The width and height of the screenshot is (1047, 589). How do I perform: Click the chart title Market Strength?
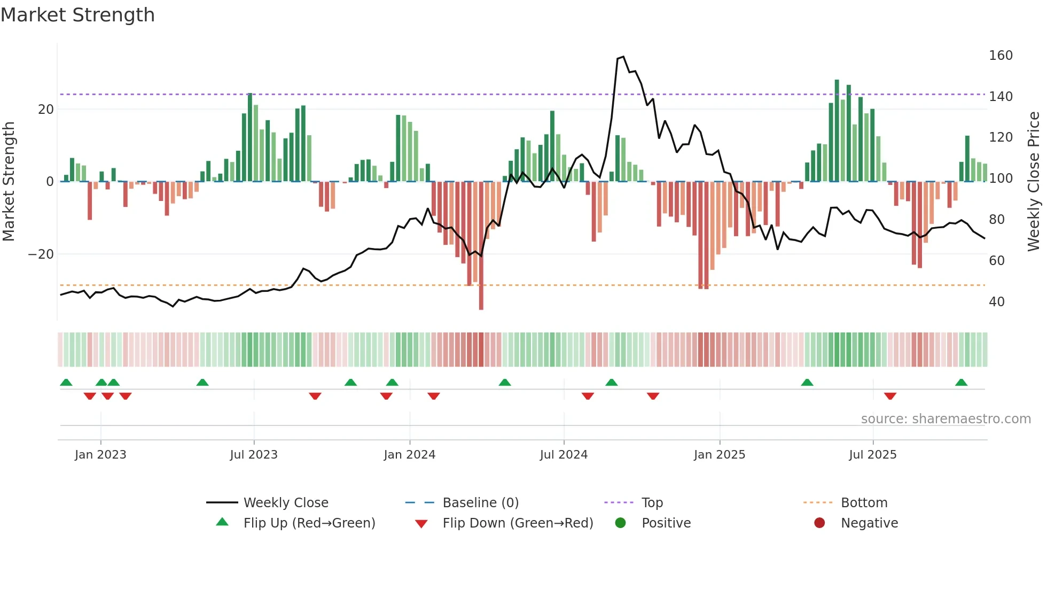pyautogui.click(x=77, y=15)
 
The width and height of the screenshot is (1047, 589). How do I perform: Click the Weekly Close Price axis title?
pyautogui.click(x=1034, y=182)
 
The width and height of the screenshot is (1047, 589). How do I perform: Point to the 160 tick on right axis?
pyautogui.click(x=1000, y=56)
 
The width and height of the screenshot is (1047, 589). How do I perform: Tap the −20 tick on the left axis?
pyautogui.click(x=41, y=254)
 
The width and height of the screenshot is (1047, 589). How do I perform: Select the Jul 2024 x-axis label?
pyautogui.click(x=564, y=455)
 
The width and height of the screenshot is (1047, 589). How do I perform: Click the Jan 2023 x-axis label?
pyautogui.click(x=100, y=455)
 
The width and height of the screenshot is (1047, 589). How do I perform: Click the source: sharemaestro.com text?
pyautogui.click(x=946, y=419)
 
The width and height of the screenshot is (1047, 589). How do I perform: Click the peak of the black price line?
pyautogui.click(x=623, y=57)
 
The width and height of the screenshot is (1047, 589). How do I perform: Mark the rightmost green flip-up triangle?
pyautogui.click(x=961, y=382)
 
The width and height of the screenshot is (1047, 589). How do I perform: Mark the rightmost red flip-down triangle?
pyautogui.click(x=890, y=396)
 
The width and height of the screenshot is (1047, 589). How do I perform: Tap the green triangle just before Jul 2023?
pyautogui.click(x=202, y=382)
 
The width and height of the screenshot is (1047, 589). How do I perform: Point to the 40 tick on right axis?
pyautogui.click(x=996, y=302)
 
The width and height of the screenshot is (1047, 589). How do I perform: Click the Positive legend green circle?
pyautogui.click(x=620, y=523)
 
